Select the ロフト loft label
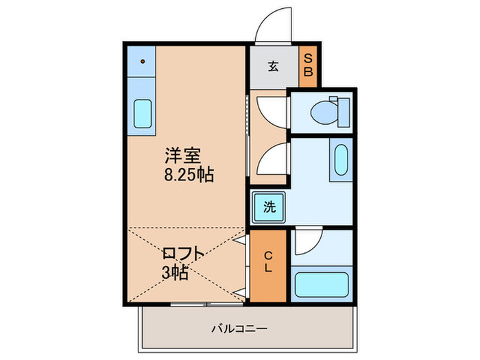point(182,254)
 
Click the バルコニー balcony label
point(239,328)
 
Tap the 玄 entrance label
point(273,67)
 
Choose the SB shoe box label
point(308,65)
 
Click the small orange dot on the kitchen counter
point(143,61)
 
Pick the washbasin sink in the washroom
point(341,159)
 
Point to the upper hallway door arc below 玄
point(272,108)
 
